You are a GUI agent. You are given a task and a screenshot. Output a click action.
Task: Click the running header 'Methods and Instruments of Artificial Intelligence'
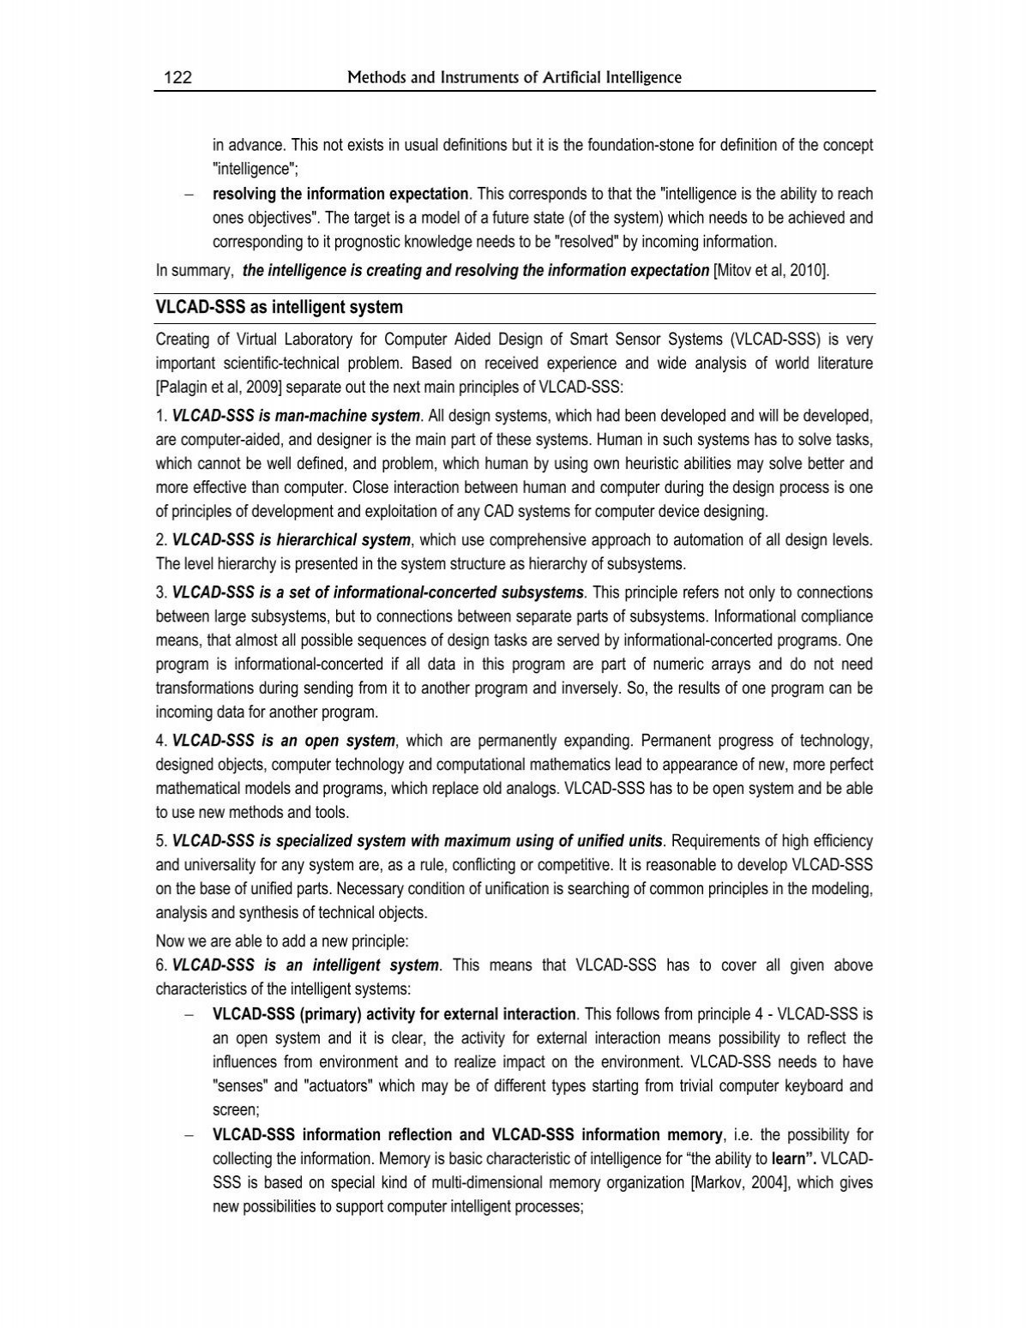(x=514, y=78)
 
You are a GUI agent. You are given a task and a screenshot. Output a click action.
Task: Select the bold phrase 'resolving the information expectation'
(x=340, y=194)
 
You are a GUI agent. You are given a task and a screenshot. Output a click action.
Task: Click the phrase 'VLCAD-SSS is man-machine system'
(x=296, y=417)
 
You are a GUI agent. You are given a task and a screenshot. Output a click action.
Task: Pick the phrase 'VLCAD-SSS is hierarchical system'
(x=292, y=540)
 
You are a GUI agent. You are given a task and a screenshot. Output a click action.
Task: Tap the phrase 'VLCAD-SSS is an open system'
(x=284, y=741)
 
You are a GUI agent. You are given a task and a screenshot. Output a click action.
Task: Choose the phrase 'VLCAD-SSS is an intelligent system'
(x=305, y=965)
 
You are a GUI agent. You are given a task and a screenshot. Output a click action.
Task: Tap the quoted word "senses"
(x=241, y=1086)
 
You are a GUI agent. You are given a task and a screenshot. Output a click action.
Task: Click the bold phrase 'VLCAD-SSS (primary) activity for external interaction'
(x=394, y=1014)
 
